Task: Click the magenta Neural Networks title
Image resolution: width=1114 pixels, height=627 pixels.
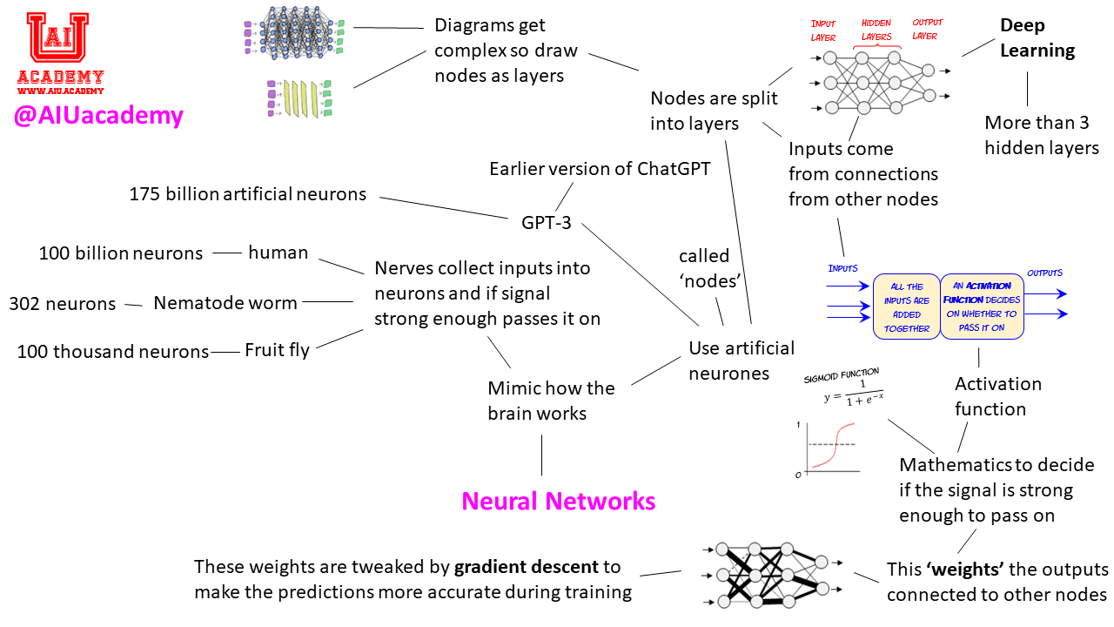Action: tap(558, 502)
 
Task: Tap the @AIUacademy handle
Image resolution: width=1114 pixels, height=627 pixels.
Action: tap(98, 116)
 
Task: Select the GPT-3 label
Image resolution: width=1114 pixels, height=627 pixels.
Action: tap(546, 222)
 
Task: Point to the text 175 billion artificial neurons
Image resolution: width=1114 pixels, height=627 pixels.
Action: tap(248, 194)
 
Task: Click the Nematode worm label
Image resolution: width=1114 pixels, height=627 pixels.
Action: tap(225, 303)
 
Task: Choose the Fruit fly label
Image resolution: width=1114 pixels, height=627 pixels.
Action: tap(277, 351)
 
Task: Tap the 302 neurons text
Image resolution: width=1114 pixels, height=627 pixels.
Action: tap(62, 304)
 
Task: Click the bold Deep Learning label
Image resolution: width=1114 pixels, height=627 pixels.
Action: tap(1037, 38)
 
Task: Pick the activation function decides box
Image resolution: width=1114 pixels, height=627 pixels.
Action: tap(982, 307)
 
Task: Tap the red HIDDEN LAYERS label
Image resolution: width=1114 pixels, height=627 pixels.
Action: tap(876, 30)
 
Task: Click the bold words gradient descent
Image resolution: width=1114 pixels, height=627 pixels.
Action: tap(527, 567)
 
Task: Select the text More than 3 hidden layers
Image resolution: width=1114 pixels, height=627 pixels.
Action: tap(1042, 135)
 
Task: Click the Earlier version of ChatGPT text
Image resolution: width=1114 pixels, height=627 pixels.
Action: tap(600, 168)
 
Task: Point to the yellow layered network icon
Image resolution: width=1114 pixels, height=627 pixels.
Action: tap(299, 98)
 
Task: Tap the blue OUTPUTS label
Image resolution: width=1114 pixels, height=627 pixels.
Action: tap(1044, 273)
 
